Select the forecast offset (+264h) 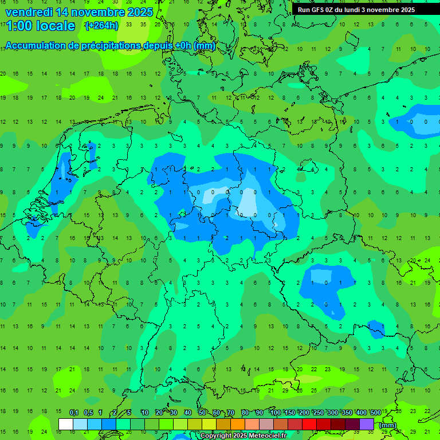click(101, 26)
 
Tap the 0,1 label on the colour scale click(73, 412)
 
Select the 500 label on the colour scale click(375, 412)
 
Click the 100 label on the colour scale click(275, 412)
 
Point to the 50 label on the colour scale click(202, 412)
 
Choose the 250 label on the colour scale click(318, 412)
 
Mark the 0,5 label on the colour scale click(88, 412)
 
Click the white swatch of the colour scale click(66, 424)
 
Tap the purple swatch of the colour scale click(367, 424)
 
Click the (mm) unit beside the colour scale click(388, 425)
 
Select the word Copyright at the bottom click(217, 436)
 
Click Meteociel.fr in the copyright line click(270, 436)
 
